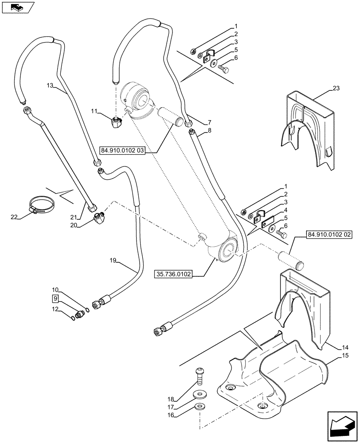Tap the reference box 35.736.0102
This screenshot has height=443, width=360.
pos(173,275)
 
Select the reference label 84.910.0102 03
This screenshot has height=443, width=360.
pos(123,151)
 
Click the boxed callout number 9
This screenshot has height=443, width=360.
pos(55,298)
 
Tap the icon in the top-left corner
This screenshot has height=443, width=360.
pos(17,7)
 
